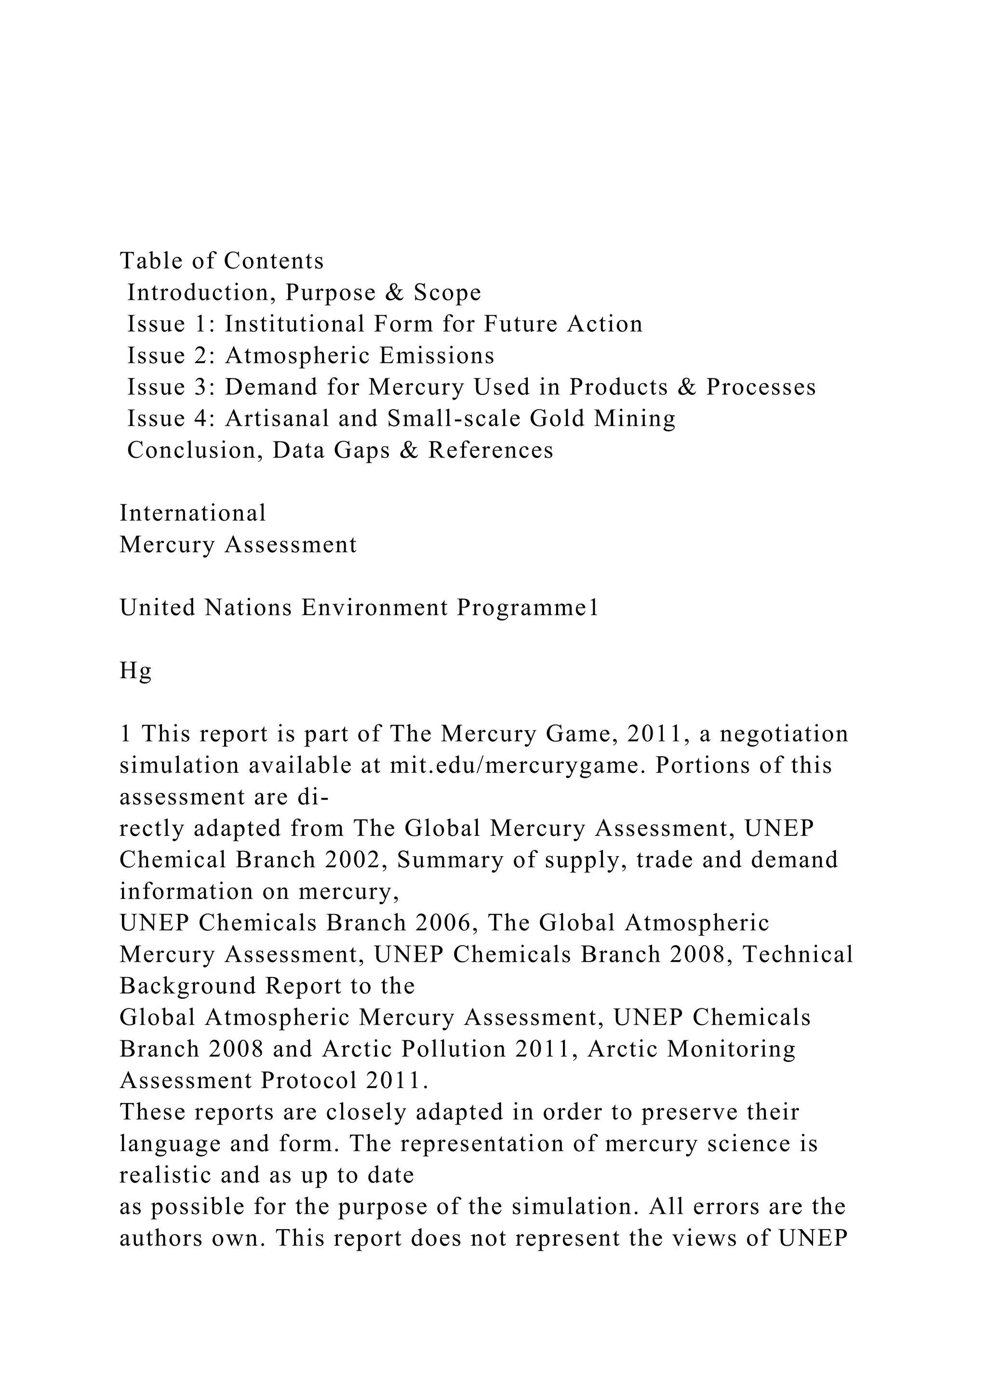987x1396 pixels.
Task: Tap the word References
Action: [491, 451]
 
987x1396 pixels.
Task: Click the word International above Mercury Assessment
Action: [193, 513]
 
